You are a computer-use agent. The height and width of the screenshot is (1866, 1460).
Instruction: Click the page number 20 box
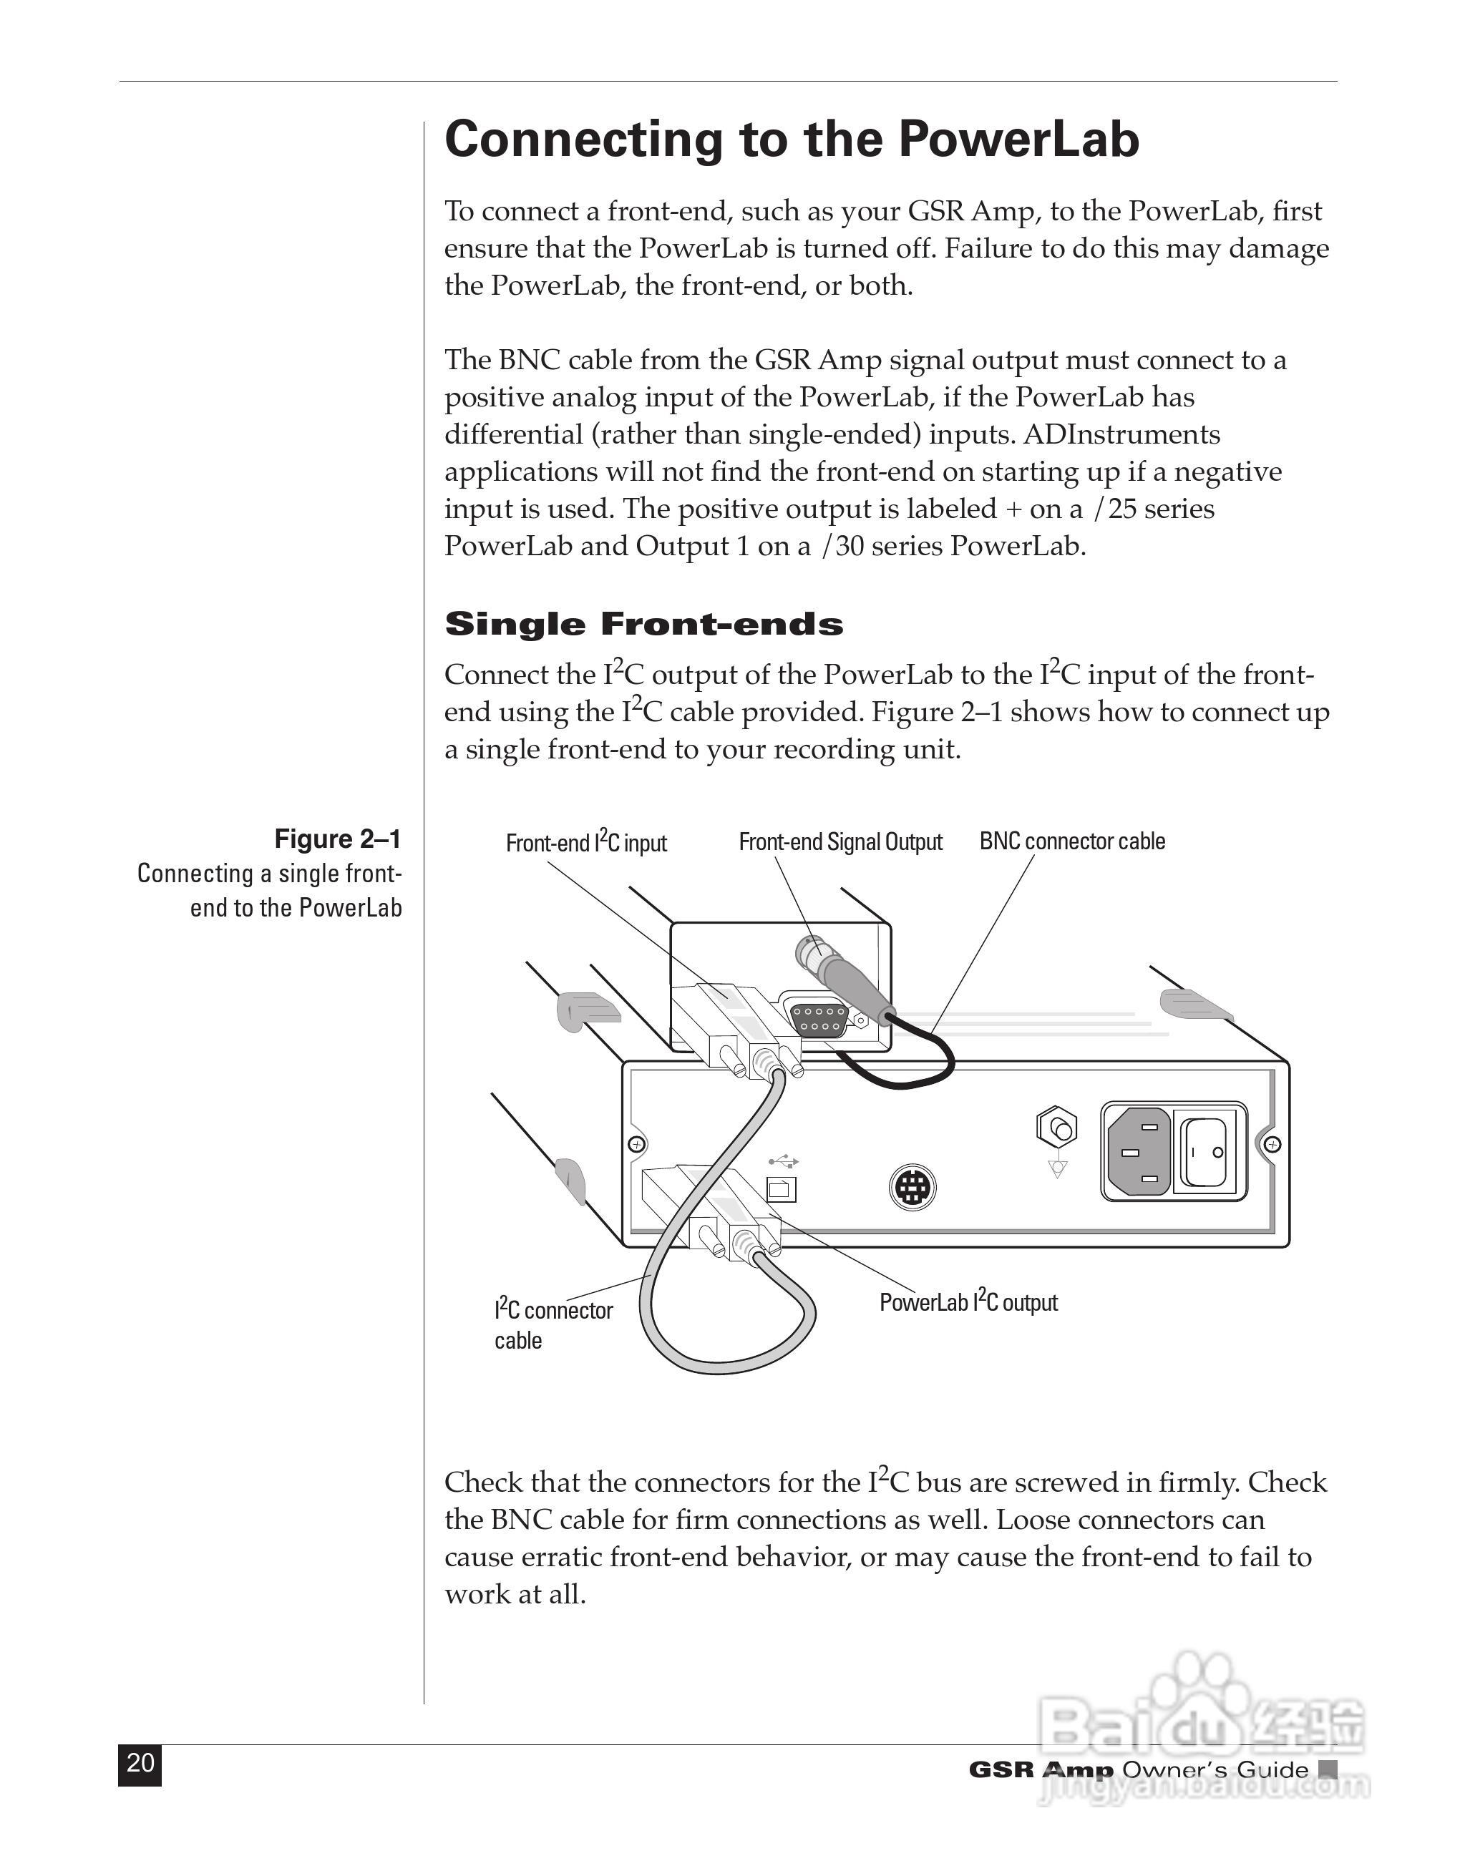[140, 1764]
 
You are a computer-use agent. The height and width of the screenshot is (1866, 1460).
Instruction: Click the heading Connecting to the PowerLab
[792, 140]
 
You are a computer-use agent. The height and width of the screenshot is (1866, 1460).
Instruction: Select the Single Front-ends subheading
[643, 624]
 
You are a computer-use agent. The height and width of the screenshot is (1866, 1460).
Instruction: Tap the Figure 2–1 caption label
[337, 839]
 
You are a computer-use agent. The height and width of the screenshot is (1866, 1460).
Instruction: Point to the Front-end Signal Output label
[840, 842]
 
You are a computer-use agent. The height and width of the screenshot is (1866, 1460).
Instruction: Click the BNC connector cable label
[1072, 841]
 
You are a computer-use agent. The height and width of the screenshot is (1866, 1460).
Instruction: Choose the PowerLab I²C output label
[968, 1302]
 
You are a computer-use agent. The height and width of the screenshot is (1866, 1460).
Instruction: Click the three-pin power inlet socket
[1139, 1151]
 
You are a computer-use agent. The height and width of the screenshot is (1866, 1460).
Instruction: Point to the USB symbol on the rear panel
[783, 1162]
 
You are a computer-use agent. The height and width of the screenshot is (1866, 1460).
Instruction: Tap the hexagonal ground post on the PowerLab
[1057, 1130]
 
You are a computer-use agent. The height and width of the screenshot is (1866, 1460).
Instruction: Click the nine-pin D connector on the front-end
[818, 1020]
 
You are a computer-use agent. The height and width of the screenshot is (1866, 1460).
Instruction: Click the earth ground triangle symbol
[1057, 1170]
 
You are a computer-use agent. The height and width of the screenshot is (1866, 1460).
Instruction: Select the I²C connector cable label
[553, 1325]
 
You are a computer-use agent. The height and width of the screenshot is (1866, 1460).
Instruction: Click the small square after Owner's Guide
[1328, 1769]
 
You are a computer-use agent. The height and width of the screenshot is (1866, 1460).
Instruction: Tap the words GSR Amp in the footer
[1041, 1769]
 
